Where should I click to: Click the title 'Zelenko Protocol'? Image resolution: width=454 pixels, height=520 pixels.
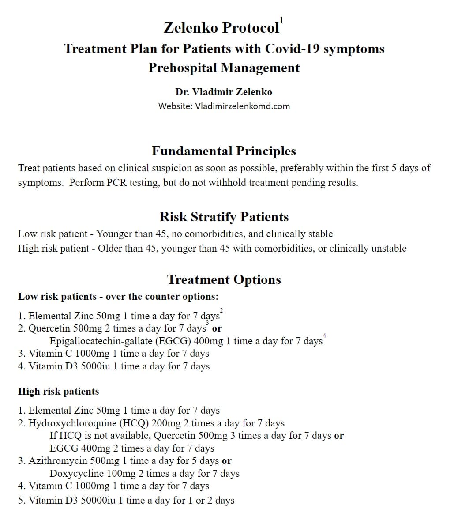[221, 28]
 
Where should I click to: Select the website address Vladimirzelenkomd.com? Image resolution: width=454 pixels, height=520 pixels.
[242, 106]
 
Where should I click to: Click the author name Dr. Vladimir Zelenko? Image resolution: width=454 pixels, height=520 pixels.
[224, 92]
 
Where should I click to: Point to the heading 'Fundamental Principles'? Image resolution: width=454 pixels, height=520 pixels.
[224, 151]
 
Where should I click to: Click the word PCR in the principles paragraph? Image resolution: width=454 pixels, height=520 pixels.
[117, 183]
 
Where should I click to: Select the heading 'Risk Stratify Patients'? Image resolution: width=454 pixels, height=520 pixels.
[224, 217]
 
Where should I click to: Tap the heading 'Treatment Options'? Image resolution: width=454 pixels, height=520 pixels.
[224, 279]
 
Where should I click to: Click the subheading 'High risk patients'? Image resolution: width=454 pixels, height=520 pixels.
[58, 392]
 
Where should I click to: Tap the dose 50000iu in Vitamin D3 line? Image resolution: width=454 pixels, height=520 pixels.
[99, 501]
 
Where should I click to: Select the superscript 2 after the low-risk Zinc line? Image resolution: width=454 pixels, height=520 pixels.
[221, 311]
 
